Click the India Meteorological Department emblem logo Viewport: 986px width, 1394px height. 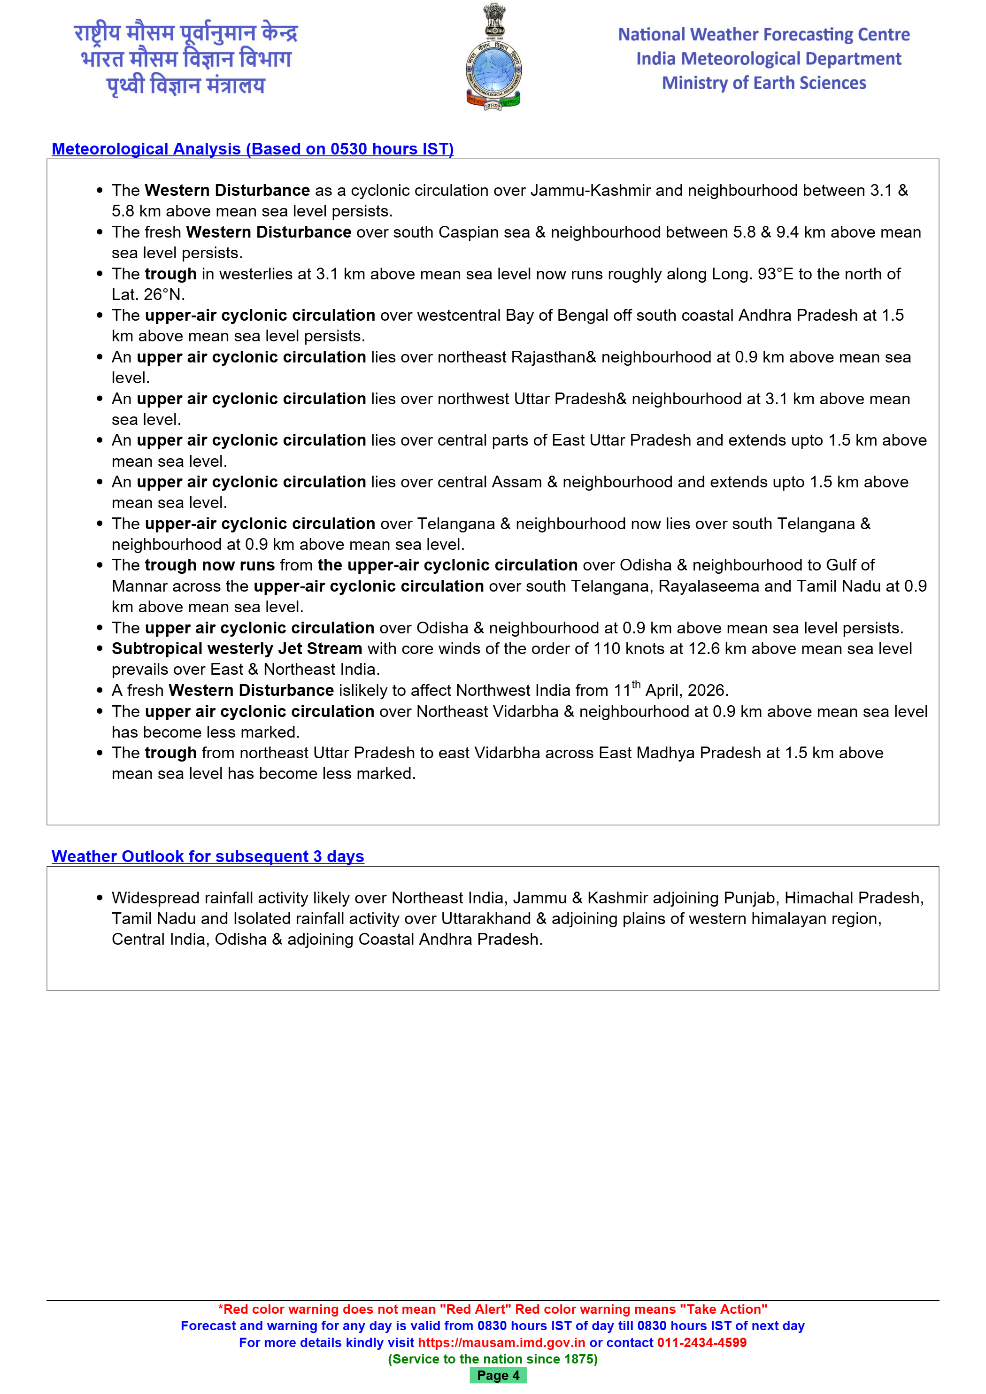click(x=493, y=58)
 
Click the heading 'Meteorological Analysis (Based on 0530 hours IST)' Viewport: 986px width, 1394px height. click(x=253, y=149)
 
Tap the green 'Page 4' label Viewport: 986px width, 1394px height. click(x=498, y=1375)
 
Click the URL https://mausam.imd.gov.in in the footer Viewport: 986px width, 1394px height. click(x=501, y=1342)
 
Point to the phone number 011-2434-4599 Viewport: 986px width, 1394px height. click(x=701, y=1342)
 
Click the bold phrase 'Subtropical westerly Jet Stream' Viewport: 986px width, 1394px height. click(x=237, y=648)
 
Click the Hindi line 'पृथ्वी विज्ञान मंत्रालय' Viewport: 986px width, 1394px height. click(x=186, y=85)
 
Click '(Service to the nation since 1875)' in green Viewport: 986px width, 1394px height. click(x=493, y=1359)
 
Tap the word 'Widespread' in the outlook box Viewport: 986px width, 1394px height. click(x=155, y=898)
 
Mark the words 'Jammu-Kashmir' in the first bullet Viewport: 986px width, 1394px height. click(x=590, y=191)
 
